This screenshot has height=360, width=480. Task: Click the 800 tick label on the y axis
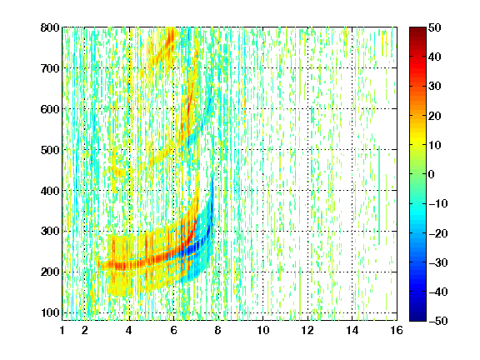(50, 27)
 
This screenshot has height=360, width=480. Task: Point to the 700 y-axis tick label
(50, 68)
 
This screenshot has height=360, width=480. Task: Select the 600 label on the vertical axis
(50, 109)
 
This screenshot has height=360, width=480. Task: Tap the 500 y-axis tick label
(50, 150)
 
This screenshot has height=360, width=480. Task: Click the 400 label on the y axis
(50, 191)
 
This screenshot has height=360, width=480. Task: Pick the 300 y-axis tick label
(50, 232)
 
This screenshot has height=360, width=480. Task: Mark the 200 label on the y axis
(50, 272)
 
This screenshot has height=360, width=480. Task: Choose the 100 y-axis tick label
(50, 312)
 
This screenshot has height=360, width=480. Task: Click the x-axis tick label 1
(62, 330)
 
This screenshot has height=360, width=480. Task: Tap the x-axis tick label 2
(85, 330)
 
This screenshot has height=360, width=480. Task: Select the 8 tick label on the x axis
(218, 330)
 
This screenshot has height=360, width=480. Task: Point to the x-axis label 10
(263, 330)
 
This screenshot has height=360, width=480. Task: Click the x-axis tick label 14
(352, 330)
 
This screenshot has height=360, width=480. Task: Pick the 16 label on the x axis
(397, 330)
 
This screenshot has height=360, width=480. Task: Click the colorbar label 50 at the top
(435, 27)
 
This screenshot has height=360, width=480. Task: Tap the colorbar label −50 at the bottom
(438, 321)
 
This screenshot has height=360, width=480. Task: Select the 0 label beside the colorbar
(432, 174)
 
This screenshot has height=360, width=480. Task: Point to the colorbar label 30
(435, 87)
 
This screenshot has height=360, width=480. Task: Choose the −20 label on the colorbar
(438, 233)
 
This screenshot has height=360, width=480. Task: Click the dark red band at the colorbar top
(417, 33)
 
